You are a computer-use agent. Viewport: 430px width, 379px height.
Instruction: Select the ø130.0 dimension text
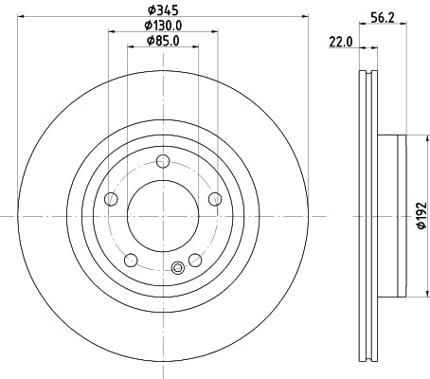click(x=163, y=25)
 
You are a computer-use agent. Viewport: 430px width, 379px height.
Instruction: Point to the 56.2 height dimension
click(x=382, y=16)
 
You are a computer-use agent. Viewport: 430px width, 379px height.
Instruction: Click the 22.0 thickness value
click(x=340, y=42)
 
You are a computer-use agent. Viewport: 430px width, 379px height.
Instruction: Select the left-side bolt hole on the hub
click(x=111, y=198)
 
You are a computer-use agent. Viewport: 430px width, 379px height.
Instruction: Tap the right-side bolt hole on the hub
click(x=214, y=198)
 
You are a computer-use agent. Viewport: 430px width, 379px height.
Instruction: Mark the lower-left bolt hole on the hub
click(x=131, y=260)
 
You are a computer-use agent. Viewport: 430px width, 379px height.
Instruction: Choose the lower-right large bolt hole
click(x=195, y=260)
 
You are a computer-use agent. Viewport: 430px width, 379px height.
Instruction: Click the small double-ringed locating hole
click(x=176, y=267)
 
